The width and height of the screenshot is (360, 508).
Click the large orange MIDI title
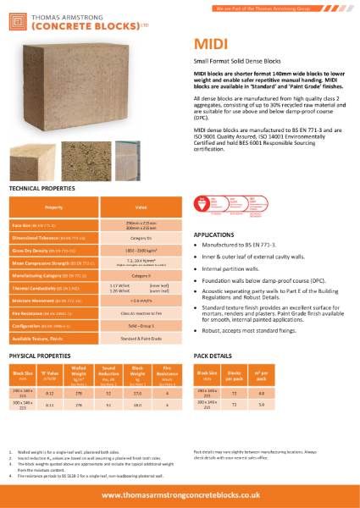click(209, 43)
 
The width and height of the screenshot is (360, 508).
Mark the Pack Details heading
click(213, 356)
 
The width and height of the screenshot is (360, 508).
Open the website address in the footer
click(180, 494)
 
